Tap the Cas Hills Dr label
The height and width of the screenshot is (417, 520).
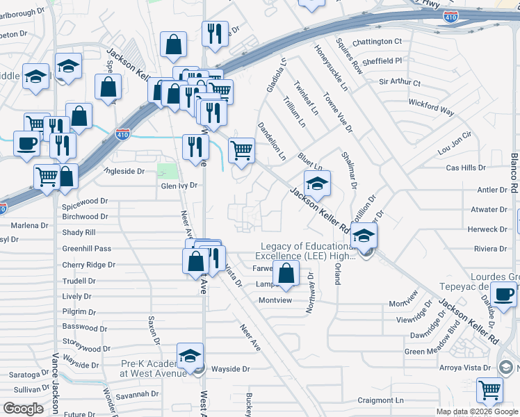point(465,168)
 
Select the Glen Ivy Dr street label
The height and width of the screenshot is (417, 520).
point(179,186)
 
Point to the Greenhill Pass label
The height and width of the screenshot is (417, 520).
point(87,249)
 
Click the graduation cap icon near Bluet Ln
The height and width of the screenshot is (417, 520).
point(317,183)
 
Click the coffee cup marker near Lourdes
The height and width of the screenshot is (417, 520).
point(503,293)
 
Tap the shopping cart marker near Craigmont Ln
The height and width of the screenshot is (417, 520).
point(490,390)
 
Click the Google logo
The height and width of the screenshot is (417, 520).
point(23,409)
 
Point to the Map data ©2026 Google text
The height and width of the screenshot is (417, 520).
point(476,411)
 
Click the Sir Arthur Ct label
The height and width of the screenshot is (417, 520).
point(400,83)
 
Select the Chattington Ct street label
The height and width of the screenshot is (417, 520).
point(377,42)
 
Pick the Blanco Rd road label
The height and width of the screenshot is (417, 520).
point(514,174)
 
